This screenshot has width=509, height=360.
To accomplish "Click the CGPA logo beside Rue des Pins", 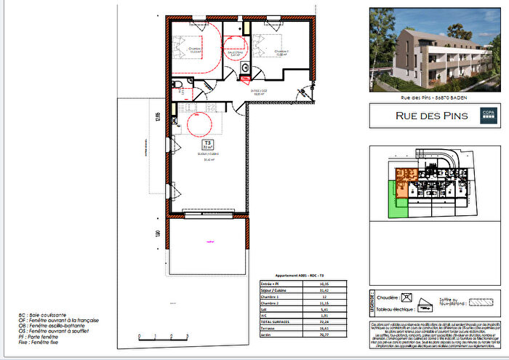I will [x=486, y=114].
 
